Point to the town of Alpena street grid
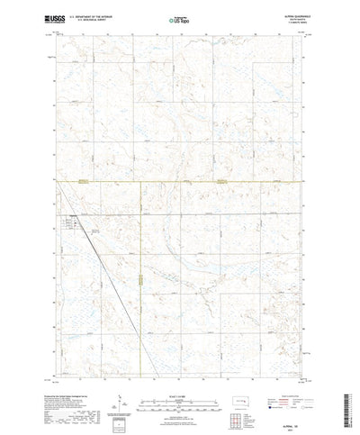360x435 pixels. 71,220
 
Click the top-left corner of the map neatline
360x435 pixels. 57,33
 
